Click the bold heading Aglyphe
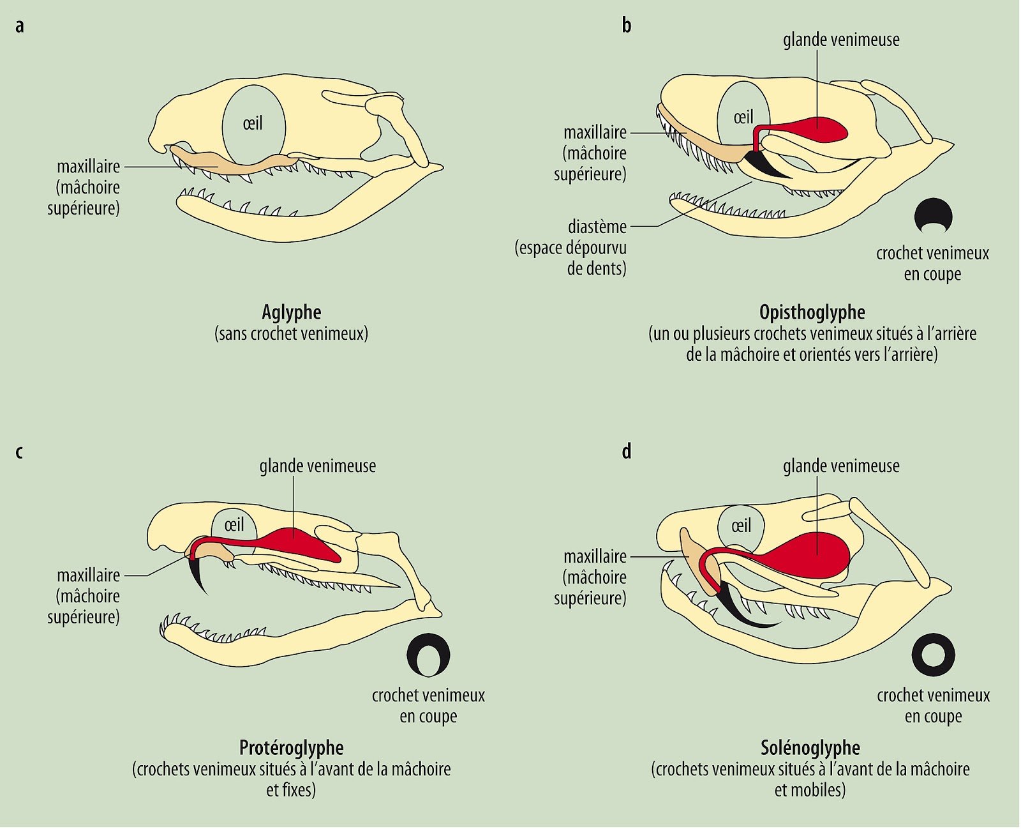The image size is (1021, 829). (x=292, y=312)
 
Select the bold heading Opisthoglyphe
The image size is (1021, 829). (x=812, y=312)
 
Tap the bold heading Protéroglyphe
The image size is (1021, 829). (x=291, y=747)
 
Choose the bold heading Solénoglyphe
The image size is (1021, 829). (x=810, y=747)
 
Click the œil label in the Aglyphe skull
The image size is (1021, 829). (x=253, y=123)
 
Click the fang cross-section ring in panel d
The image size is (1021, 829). (x=933, y=655)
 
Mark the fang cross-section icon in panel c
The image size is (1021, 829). (x=428, y=655)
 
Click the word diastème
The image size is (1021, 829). (x=597, y=227)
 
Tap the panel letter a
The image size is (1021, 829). (x=20, y=26)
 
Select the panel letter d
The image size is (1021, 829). (x=627, y=452)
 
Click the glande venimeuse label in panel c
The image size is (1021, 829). (x=317, y=466)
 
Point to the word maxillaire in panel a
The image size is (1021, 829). (x=88, y=167)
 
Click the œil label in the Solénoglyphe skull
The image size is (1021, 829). (x=741, y=526)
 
